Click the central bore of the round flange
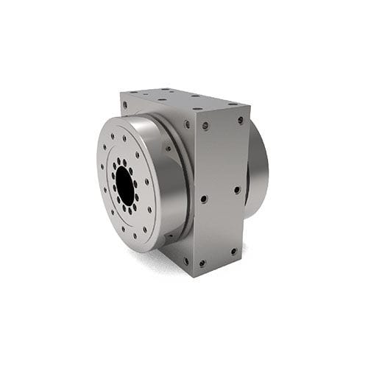(x=124, y=185)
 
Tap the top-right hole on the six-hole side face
(x=240, y=120)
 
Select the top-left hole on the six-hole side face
(x=205, y=126)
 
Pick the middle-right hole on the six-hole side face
(x=237, y=189)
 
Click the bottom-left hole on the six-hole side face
(x=202, y=263)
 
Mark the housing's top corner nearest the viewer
(x=194, y=110)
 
